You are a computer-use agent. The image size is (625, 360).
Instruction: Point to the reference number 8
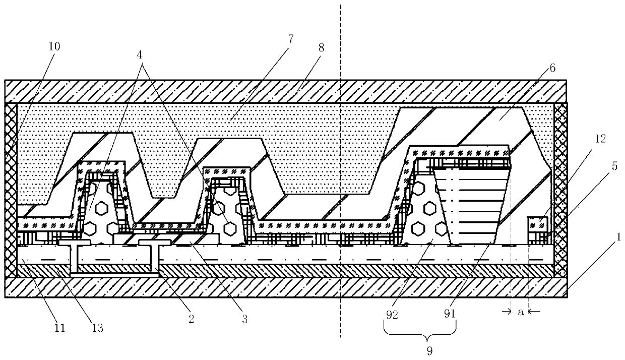click(x=321, y=48)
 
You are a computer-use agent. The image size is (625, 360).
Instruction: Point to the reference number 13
click(x=97, y=328)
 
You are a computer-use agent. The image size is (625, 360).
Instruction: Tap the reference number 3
click(x=245, y=319)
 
